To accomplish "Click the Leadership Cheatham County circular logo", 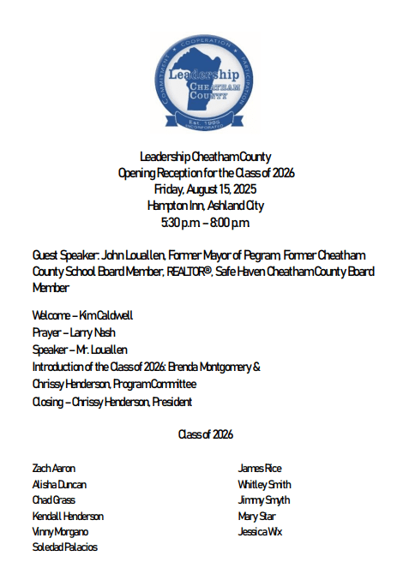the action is tap(205, 81).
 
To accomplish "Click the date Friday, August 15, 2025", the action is tap(205, 188).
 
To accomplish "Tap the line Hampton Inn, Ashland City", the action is tap(205, 206).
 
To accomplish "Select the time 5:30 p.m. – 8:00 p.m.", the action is tap(205, 223).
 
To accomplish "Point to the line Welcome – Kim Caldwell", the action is tap(82, 315).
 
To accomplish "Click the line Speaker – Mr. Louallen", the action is tap(79, 350).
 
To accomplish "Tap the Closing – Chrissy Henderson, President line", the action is tap(111, 401).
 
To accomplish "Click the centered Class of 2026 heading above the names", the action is tap(205, 434).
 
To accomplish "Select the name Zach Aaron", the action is tap(53, 469).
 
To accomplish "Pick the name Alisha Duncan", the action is tap(58, 485).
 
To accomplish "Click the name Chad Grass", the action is tap(53, 500).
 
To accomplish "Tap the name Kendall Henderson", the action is tap(68, 517).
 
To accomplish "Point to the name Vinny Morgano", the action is tap(60, 532).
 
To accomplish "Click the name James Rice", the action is tap(259, 469).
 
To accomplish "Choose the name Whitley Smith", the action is tap(264, 485).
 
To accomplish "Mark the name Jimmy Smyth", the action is tap(263, 500).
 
